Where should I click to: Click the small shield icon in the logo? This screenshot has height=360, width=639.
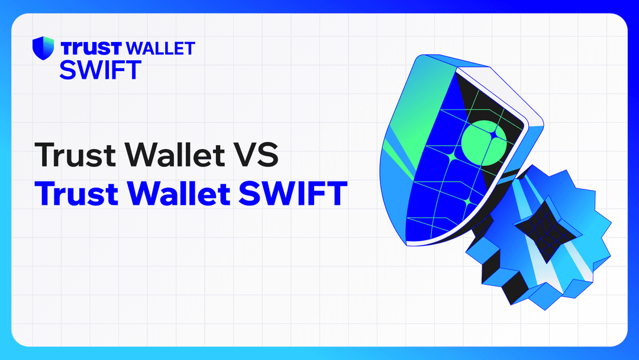tap(43, 48)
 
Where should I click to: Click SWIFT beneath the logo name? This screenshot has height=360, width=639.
tap(100, 69)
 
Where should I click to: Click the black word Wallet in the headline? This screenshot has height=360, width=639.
tap(180, 155)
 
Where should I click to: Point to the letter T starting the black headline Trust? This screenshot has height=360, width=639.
tap(44, 155)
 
